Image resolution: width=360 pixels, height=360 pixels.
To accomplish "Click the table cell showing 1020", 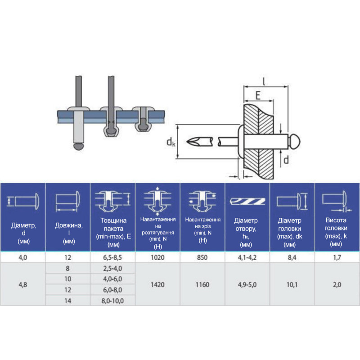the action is (x=157, y=257).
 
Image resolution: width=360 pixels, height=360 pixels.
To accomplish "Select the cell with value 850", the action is (x=202, y=257).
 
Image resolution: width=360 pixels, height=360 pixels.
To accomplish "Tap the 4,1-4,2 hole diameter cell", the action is (x=247, y=257).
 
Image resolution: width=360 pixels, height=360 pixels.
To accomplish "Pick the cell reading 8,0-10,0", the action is (x=112, y=301).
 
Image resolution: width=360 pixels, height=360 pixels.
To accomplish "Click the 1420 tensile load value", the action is (x=157, y=285).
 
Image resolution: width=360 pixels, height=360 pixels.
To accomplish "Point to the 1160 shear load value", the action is (x=202, y=285).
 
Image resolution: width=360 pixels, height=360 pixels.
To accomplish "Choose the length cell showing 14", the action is (x=67, y=301).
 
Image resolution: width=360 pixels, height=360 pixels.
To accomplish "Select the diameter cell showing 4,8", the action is (x=23, y=285).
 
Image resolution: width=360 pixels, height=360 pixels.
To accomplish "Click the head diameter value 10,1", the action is (x=292, y=285).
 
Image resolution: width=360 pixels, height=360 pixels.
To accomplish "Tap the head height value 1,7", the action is (x=337, y=257).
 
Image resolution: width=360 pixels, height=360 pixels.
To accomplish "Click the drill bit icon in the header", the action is (x=247, y=201).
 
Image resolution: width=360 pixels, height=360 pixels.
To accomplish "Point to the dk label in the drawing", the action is (x=171, y=142).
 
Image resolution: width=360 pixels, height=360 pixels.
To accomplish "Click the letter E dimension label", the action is (x=258, y=95).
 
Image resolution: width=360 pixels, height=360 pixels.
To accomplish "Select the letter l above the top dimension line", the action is (x=264, y=81).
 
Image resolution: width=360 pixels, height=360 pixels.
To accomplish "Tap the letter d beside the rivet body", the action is (x=286, y=160).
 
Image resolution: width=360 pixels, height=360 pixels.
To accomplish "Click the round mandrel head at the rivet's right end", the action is (x=295, y=141).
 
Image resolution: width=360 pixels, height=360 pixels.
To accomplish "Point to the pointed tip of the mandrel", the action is (x=187, y=142).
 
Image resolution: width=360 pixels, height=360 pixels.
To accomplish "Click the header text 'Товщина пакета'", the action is (x=113, y=225).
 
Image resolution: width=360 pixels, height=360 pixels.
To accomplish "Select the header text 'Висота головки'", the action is (x=336, y=224).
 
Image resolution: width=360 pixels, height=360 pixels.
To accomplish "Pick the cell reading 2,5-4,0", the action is (x=112, y=268).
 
